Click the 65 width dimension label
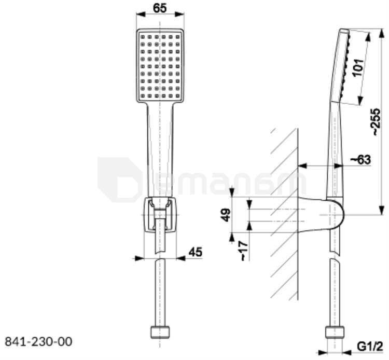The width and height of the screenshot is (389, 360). click(x=160, y=8)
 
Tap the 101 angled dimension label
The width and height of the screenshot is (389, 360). click(x=358, y=67)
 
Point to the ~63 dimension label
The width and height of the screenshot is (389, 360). click(x=360, y=160)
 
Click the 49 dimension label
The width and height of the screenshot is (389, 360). click(x=226, y=215)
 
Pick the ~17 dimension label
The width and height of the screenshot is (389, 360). click(x=244, y=251)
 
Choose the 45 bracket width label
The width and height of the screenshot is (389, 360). click(x=196, y=252)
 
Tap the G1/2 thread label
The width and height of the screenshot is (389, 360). click(x=370, y=347)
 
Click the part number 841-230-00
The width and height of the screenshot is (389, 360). click(x=39, y=342)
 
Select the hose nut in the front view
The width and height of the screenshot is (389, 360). click(x=160, y=333)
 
